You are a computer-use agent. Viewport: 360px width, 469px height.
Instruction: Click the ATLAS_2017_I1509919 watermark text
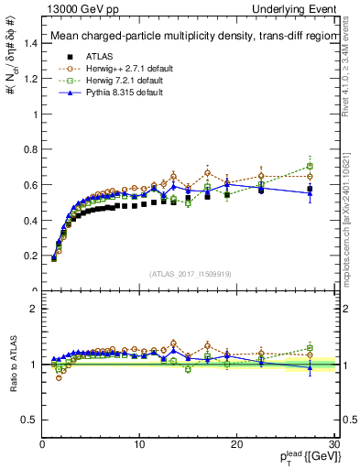[x=189, y=274]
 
